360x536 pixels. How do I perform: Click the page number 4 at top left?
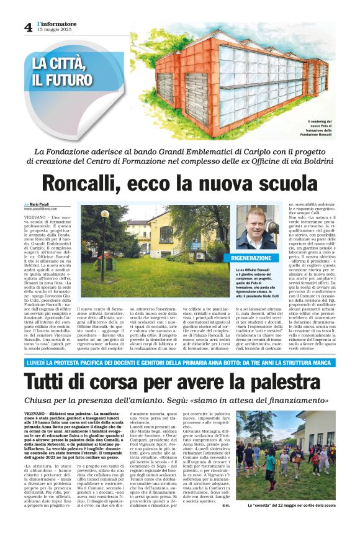click(29, 27)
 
